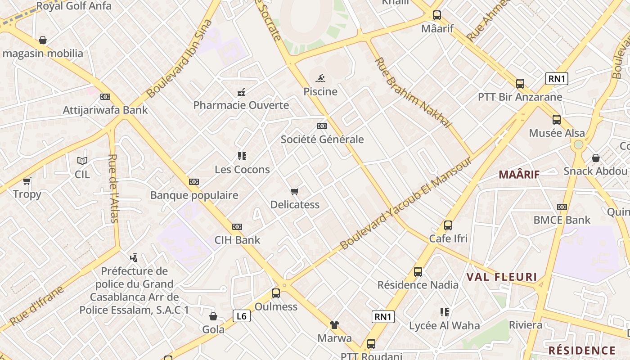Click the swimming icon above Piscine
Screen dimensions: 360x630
pyautogui.click(x=320, y=79)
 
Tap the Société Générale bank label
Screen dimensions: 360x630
pyautogui.click(x=322, y=139)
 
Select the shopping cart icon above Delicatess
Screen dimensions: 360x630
pyautogui.click(x=295, y=192)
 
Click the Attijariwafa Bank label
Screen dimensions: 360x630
pyautogui.click(x=105, y=110)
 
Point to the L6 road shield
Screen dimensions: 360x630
pyautogui.click(x=241, y=316)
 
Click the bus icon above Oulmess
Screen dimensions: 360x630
pyautogui.click(x=276, y=293)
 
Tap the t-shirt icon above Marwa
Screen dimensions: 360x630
pyautogui.click(x=334, y=325)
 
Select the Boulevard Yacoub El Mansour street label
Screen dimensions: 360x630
pyautogui.click(x=406, y=203)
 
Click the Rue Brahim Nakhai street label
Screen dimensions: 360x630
pyautogui.click(x=412, y=93)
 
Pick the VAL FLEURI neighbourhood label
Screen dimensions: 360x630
pyautogui.click(x=502, y=277)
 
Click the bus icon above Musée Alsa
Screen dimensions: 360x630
pyautogui.click(x=557, y=120)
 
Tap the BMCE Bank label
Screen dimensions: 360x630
pyautogui.click(x=562, y=220)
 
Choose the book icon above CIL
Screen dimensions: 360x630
pyautogui.click(x=82, y=161)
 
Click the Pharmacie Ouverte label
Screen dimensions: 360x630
pyautogui.click(x=241, y=105)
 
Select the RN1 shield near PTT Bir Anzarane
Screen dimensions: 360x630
pyautogui.click(x=557, y=79)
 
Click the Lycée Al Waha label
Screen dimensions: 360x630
pyautogui.click(x=444, y=325)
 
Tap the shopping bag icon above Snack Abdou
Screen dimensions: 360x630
pyautogui.click(x=595, y=158)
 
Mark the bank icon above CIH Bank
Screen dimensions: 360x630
pyautogui.click(x=237, y=227)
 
